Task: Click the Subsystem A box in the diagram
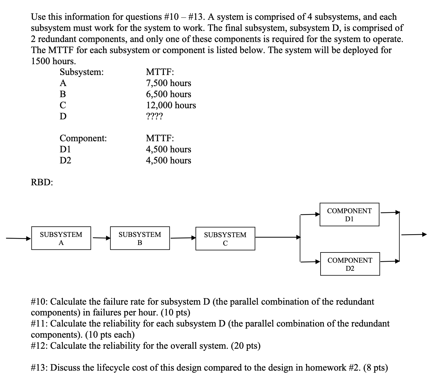(61, 238)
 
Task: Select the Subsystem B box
(140, 238)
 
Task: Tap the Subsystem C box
(225, 239)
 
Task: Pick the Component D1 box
(349, 214)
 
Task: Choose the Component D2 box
(350, 264)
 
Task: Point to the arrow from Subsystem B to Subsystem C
(183, 238)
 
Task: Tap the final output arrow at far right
(414, 234)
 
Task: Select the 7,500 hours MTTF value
(168, 83)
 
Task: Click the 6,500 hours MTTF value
(168, 94)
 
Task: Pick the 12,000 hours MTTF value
(171, 105)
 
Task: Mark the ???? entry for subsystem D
(154, 116)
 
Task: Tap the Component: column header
(83, 138)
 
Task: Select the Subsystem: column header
(82, 72)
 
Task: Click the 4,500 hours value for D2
(168, 160)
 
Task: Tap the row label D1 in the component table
(65, 149)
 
